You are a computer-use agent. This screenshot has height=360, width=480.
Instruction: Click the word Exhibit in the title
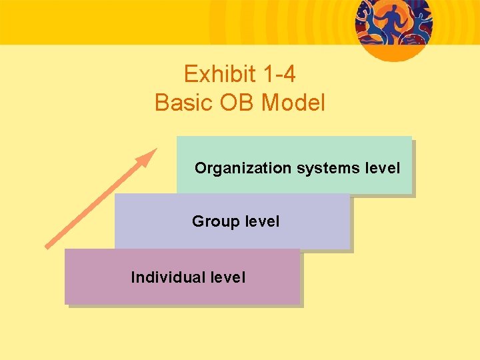coord(214,74)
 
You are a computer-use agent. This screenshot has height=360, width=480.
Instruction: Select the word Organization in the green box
coord(243,169)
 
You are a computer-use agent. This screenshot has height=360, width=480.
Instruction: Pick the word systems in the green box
coord(329,169)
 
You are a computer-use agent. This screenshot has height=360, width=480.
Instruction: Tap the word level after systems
coord(383,168)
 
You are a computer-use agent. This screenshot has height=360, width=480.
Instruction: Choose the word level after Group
coord(262,221)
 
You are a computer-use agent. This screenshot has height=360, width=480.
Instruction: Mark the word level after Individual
coord(227,277)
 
